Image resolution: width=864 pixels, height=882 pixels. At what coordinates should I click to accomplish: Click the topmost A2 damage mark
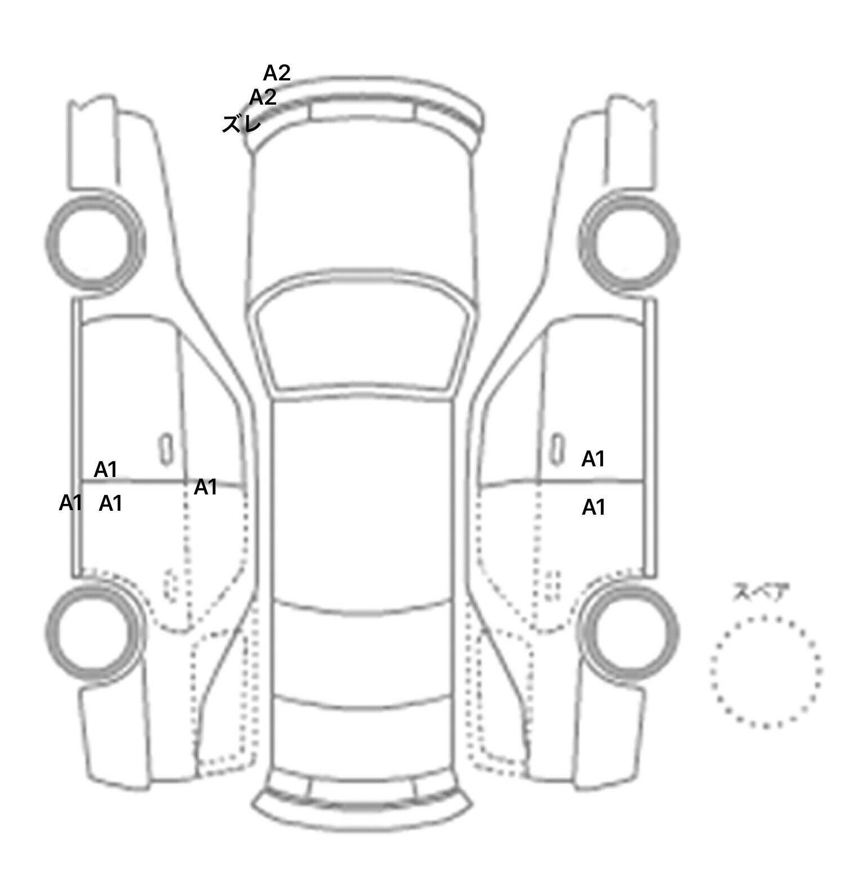[x=277, y=73]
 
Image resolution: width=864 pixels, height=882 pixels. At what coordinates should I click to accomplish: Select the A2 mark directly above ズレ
[x=263, y=97]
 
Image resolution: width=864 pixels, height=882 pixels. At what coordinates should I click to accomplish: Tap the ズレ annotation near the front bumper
[x=241, y=124]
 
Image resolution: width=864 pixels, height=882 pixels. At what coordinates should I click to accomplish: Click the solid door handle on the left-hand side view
[x=165, y=449]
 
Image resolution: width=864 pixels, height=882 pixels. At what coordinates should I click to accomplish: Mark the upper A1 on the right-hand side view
[x=593, y=459]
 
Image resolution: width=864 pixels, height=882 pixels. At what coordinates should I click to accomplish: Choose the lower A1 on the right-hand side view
[x=593, y=507]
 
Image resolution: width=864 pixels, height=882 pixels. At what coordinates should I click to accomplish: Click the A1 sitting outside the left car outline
[x=71, y=502]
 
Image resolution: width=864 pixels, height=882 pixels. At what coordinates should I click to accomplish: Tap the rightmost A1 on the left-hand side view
[x=205, y=487]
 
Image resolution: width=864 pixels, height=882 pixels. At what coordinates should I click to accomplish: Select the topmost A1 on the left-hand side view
[x=105, y=469]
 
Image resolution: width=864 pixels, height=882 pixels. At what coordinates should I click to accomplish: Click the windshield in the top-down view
[x=362, y=337]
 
